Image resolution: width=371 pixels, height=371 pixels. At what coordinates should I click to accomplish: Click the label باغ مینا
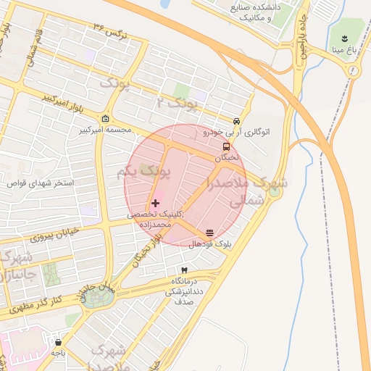click(343, 51)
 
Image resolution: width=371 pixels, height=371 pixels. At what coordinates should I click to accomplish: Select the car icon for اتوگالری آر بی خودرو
click(236, 121)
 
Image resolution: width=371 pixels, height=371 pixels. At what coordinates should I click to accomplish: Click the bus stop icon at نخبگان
click(227, 146)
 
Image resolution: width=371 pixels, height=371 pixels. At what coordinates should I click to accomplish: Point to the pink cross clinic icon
click(155, 203)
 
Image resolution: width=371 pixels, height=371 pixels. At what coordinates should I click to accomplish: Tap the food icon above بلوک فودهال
click(209, 233)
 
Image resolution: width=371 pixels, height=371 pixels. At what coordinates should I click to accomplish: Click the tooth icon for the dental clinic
click(183, 269)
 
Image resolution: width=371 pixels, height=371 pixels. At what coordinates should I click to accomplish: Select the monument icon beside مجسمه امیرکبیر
click(106, 120)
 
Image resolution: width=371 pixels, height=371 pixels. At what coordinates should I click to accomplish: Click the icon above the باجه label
click(57, 341)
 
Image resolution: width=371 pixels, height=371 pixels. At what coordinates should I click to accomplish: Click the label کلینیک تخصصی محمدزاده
click(159, 220)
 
